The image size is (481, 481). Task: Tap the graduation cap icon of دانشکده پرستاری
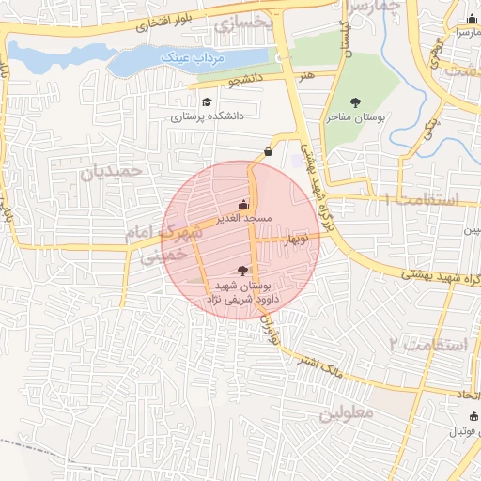(x=206, y=101)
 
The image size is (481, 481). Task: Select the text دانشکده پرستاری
(x=207, y=117)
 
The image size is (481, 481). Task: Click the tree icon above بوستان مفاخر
(x=355, y=102)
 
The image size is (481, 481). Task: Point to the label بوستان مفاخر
(x=356, y=118)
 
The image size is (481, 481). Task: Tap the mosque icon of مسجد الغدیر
(x=244, y=204)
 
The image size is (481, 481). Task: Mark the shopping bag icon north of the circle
(x=269, y=150)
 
